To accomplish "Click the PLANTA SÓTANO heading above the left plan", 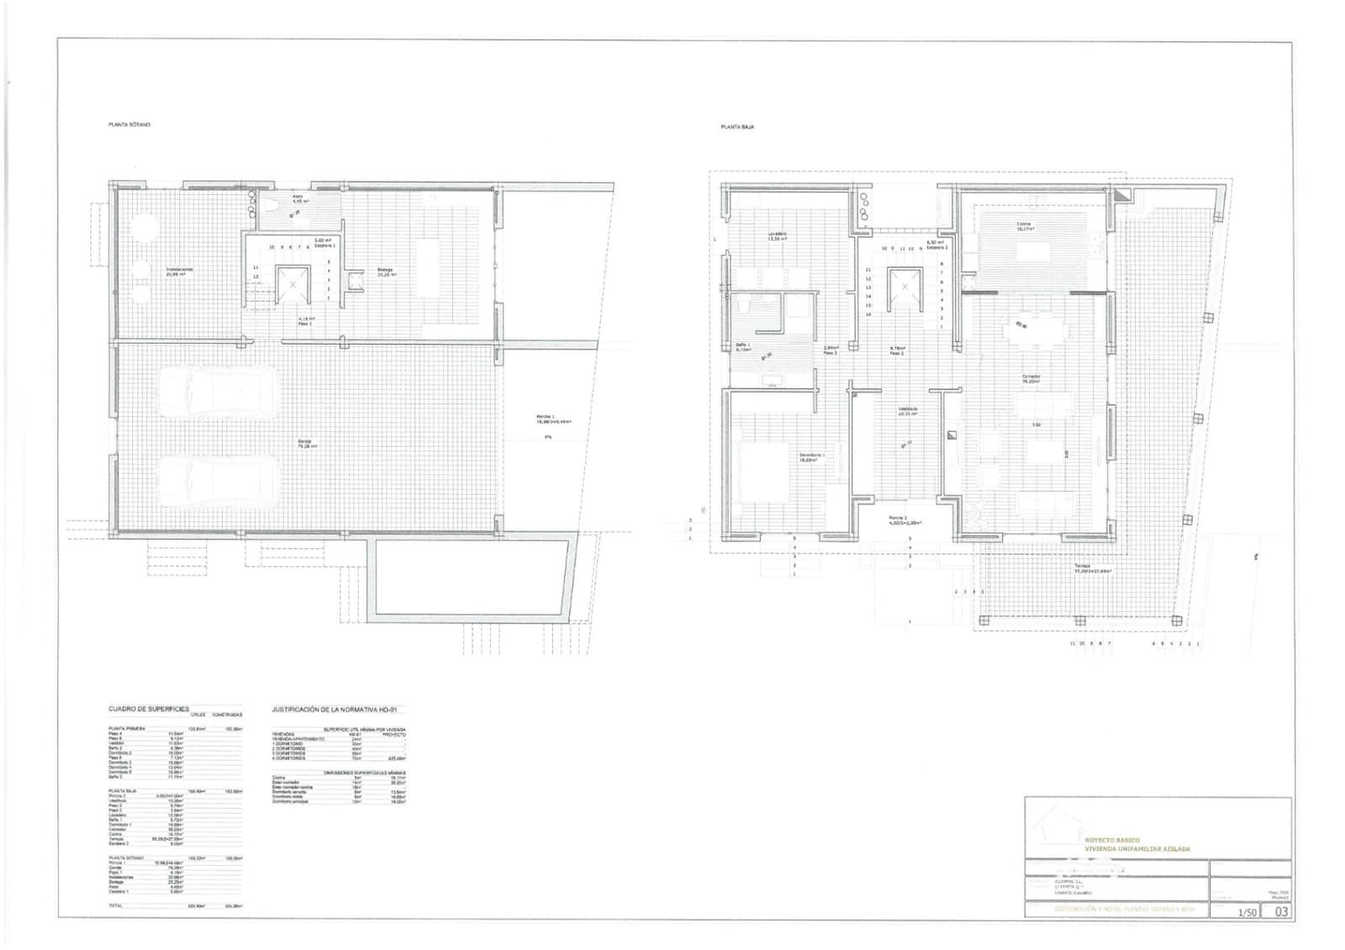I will point(129,124).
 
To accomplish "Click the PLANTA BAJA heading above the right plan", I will point(736,127).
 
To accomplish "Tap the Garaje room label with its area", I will point(304,445).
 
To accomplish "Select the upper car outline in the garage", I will point(219,393).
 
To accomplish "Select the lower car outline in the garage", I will point(219,477).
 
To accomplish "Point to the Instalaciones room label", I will point(178,272).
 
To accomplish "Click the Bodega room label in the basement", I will point(386,272).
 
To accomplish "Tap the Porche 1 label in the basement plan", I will point(553,420).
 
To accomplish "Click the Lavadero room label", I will point(776,235).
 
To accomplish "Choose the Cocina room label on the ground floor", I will point(1023,226).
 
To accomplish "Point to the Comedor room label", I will point(1031,378).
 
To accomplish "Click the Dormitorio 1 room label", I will point(812,457).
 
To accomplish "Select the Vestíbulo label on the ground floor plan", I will point(907,411).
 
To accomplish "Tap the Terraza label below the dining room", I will point(1092,568).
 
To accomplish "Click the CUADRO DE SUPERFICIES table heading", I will point(148,709).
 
